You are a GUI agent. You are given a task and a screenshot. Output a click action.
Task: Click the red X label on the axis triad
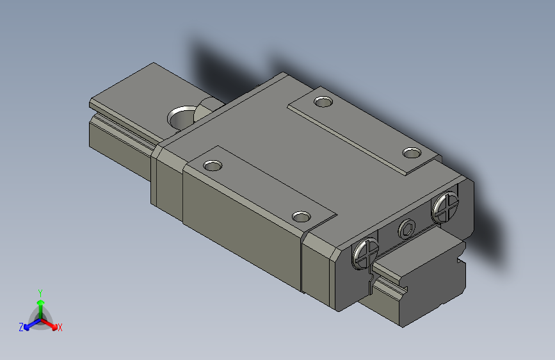tap(60, 328)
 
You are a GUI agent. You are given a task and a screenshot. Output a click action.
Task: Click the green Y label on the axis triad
tap(40, 291)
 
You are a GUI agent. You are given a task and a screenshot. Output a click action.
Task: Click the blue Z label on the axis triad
tap(21, 327)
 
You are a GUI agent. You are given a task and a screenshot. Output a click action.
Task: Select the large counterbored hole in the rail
tap(182, 117)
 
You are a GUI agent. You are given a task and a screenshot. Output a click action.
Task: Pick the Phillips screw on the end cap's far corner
tap(446, 208)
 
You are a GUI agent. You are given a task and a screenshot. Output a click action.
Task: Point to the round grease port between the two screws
tap(406, 229)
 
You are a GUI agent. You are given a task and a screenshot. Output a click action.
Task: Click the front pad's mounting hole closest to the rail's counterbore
tap(212, 166)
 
